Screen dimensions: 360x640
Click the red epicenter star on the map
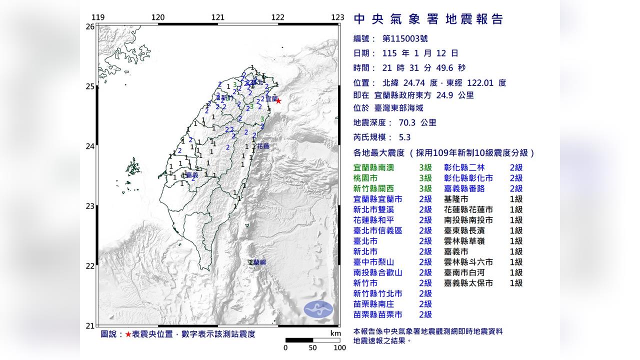[278, 101]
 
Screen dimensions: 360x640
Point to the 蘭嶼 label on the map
[259, 262]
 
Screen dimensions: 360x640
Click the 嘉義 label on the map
[191, 175]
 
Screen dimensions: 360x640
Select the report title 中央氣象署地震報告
[428, 19]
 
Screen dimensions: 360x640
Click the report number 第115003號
[404, 38]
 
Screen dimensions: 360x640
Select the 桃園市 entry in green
[367, 178]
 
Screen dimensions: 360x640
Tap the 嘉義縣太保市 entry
[468, 283]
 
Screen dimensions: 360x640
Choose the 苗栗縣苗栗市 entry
[377, 314]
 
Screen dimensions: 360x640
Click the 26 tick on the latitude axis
[89, 26]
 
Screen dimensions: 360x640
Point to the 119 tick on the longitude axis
[98, 17]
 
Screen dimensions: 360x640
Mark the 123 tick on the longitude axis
[337, 17]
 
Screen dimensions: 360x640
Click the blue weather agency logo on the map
[318, 309]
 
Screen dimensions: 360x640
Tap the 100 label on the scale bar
[339, 347]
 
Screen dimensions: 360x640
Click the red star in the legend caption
[128, 334]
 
